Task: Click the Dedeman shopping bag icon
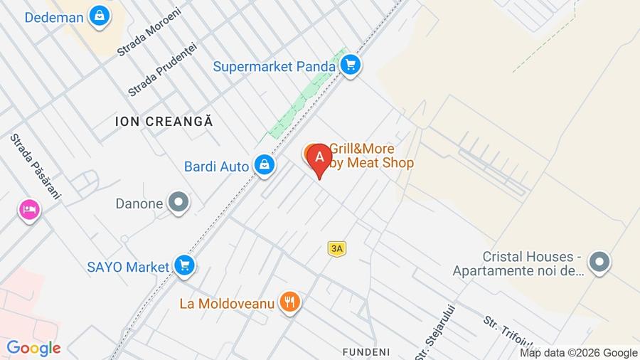(100, 15)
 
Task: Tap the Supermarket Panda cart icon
(349, 66)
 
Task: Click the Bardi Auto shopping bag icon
(264, 166)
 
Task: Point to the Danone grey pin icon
(178, 203)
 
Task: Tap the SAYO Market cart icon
(184, 266)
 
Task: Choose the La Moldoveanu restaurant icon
(289, 302)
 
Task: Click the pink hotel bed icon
(29, 209)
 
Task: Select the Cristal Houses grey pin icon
(600, 263)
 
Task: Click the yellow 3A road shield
(336, 248)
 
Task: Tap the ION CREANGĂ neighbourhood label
(164, 122)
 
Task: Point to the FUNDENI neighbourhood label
(366, 351)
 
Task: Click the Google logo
(33, 348)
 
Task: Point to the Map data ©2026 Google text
(578, 352)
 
